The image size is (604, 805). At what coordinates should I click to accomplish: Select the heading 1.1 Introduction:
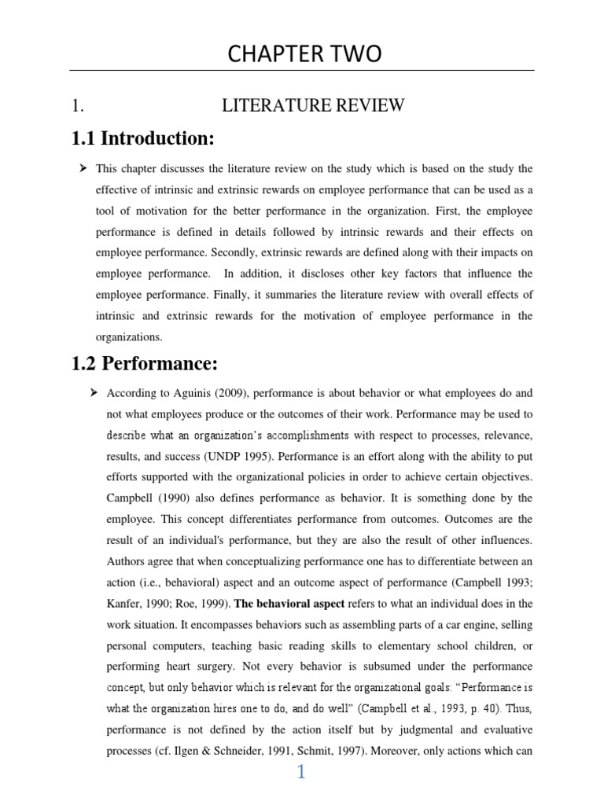[142, 139]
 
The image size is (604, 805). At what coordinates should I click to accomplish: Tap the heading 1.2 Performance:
[145, 363]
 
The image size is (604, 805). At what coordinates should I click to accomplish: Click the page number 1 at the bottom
[300, 773]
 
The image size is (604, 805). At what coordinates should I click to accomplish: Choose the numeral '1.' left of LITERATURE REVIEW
[77, 106]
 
